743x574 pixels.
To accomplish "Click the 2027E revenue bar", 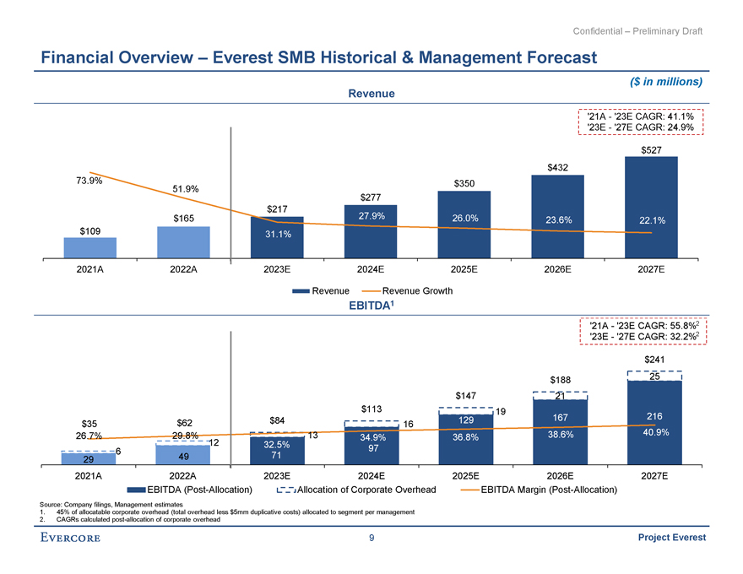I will point(650,207).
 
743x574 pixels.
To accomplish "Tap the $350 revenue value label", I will point(464,183).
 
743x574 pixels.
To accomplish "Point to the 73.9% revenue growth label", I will point(89,180).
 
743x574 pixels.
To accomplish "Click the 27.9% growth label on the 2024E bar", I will point(372,216).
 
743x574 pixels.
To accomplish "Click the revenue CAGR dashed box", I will point(640,122).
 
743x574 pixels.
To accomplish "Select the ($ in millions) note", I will point(667,82).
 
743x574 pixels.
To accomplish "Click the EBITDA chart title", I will point(371,306).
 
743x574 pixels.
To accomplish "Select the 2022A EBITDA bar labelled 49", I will point(183,456).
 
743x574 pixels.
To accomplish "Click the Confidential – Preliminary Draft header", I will point(637,31).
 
